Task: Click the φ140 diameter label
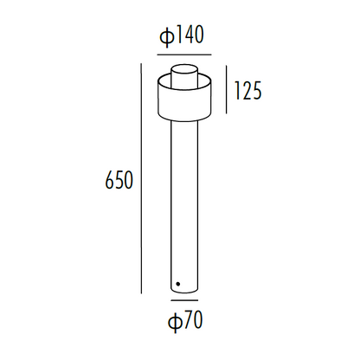(183, 36)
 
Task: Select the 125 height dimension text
(247, 89)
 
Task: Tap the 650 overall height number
(118, 181)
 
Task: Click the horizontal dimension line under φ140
(183, 55)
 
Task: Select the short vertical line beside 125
(227, 89)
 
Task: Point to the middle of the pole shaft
(183, 199)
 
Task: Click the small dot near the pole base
(177, 283)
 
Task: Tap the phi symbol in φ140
(165, 36)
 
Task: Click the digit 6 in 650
(108, 181)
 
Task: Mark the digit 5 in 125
(256, 89)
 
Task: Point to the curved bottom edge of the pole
(183, 293)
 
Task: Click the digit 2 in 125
(246, 89)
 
